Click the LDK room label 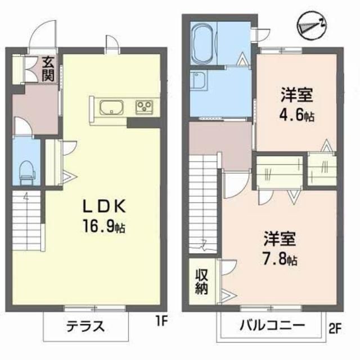105,206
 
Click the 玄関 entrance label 47,68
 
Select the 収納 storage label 201,282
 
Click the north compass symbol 309,25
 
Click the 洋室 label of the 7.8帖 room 279,240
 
